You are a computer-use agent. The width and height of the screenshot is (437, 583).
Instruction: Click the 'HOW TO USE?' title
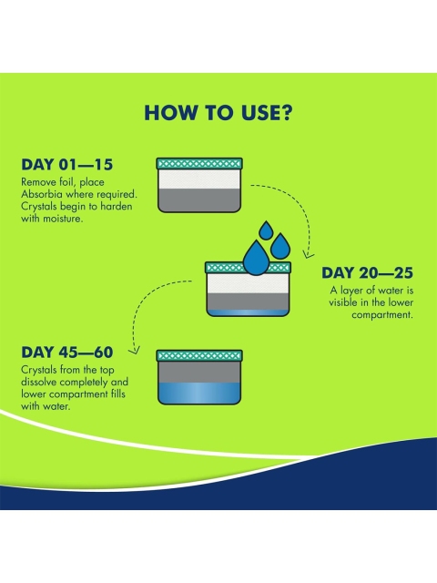(218, 113)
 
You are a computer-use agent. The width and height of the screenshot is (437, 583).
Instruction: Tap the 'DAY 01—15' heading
(66, 165)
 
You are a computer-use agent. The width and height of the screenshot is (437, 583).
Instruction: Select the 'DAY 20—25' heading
(367, 273)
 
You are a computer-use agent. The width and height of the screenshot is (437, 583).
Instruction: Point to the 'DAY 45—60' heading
(66, 353)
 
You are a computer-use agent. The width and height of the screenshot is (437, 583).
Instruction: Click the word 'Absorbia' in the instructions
(41, 194)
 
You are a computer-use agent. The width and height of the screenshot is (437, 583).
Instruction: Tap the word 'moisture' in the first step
(62, 219)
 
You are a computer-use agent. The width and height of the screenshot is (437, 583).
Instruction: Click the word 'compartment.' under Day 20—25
(382, 315)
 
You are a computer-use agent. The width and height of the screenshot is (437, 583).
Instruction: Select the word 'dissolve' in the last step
(39, 382)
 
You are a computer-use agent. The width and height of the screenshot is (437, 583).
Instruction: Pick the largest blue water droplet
(256, 257)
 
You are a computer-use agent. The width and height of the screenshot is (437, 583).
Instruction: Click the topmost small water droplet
(266, 230)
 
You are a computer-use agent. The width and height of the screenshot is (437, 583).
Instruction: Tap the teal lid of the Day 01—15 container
(199, 164)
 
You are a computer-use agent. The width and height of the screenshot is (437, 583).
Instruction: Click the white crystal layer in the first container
(198, 179)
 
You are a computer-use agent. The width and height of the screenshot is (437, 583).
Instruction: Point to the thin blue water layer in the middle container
(248, 312)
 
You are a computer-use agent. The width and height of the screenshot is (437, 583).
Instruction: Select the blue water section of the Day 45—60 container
(199, 393)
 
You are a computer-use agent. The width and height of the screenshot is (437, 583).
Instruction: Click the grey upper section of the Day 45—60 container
(199, 372)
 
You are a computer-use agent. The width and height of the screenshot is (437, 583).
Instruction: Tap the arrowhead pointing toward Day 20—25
(308, 255)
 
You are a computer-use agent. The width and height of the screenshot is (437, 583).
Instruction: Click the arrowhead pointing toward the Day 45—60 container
(134, 350)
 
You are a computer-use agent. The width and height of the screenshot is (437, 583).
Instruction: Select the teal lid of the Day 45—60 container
(199, 356)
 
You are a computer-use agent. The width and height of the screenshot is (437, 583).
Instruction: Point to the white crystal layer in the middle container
(248, 283)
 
